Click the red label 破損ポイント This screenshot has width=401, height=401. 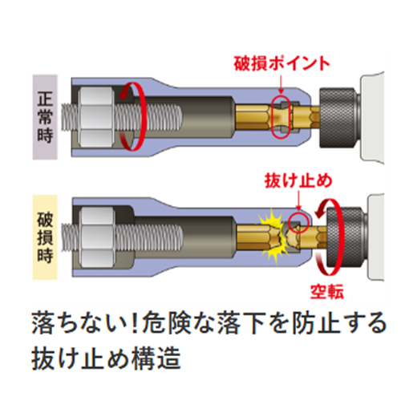point(282,63)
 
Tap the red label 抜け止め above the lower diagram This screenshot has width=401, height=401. point(298,181)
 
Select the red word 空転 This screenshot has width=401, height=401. point(326,291)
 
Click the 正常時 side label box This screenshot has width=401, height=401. point(45,117)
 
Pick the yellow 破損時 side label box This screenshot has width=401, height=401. point(45,237)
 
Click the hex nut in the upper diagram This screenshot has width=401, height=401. point(95,118)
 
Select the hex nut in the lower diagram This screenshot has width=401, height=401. point(98,238)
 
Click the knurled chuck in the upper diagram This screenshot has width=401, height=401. point(338,118)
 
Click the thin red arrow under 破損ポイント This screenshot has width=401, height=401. point(281,85)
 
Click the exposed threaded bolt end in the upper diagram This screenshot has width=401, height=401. point(70,118)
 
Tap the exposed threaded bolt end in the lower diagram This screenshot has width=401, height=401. point(71,237)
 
